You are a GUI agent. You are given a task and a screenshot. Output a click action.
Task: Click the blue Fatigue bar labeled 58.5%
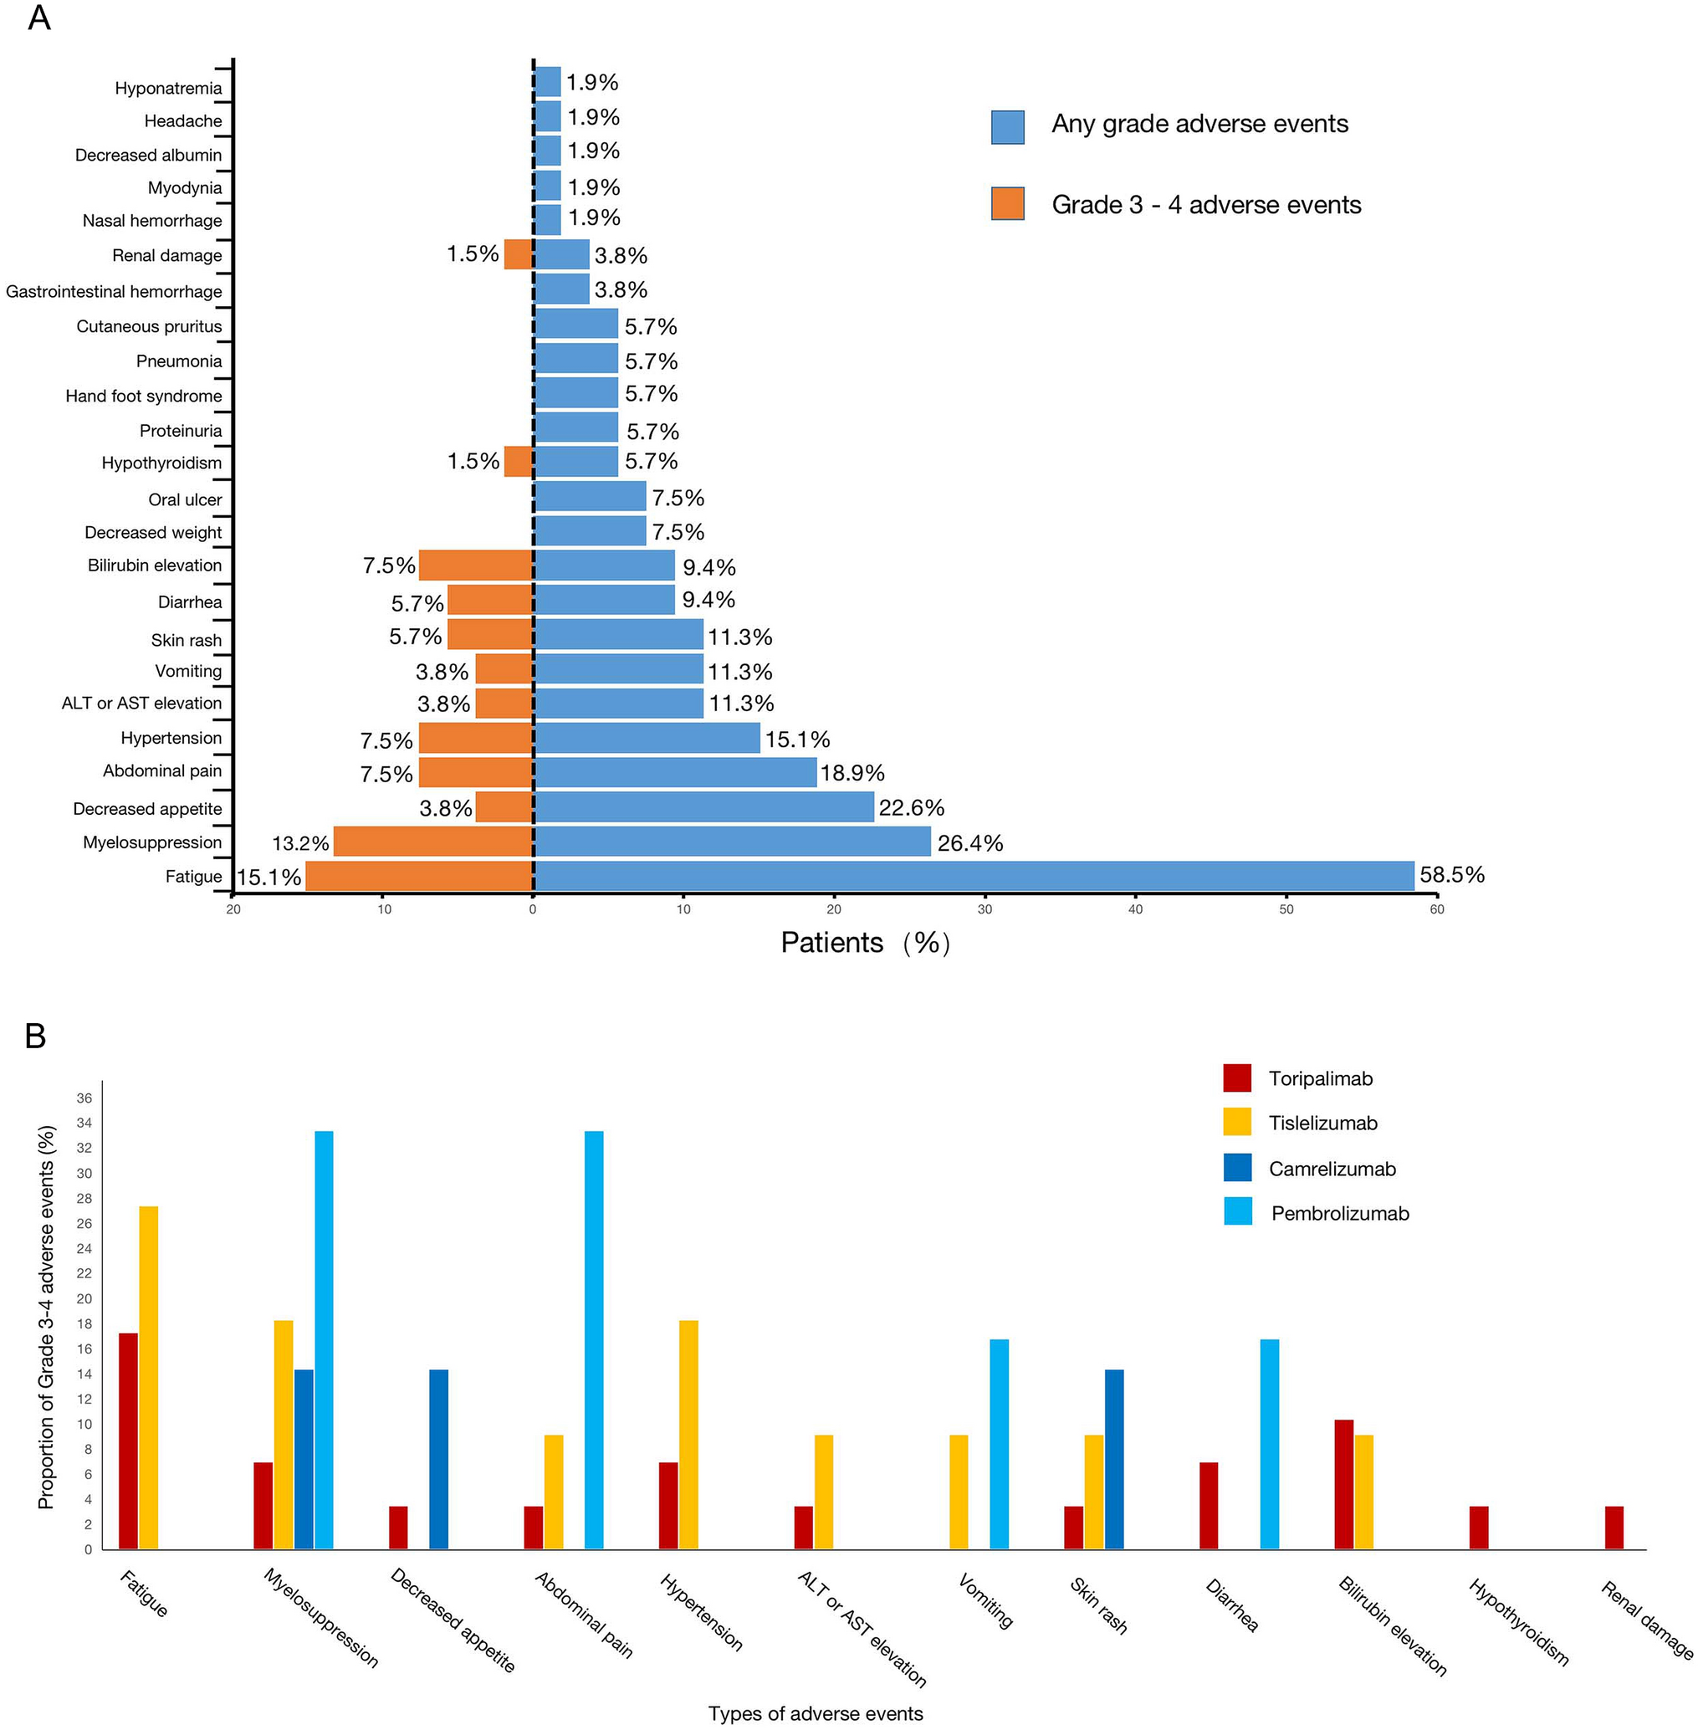pos(972,876)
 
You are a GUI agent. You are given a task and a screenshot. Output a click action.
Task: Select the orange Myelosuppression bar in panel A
pos(433,841)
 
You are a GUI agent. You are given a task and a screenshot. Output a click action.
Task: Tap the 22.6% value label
pos(911,808)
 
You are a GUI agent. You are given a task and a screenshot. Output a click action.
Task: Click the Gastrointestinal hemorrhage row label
pos(114,292)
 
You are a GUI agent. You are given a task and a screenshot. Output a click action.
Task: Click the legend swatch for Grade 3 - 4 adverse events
pos(1007,203)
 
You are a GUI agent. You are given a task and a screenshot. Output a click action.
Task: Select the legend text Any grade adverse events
pos(1199,124)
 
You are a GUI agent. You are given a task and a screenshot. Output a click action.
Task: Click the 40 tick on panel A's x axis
pos(1135,909)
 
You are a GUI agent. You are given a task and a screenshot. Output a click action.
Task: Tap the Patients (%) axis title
pos(864,943)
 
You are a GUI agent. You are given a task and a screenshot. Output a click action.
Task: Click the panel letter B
pos(36,1036)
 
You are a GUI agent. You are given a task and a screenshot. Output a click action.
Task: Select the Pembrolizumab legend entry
pos(1338,1214)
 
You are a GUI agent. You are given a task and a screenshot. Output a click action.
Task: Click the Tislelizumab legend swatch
pos(1237,1123)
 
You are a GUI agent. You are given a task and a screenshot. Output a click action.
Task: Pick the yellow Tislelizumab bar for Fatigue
pos(149,1378)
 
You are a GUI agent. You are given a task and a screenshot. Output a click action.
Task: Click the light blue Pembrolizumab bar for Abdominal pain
pos(594,1340)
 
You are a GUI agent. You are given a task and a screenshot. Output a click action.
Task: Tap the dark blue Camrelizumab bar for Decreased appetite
pos(439,1459)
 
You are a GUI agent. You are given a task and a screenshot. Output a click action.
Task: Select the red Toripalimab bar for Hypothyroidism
pos(1479,1528)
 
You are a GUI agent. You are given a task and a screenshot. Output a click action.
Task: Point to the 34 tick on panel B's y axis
pos(84,1123)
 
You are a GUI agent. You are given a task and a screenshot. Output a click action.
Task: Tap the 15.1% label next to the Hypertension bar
pos(796,740)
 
